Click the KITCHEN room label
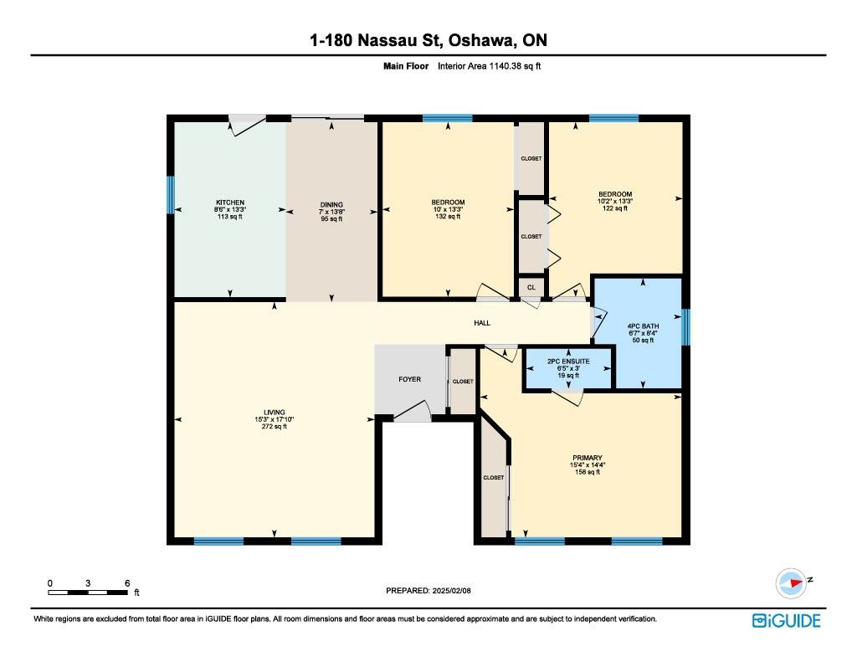point(230,203)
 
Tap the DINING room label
point(331,205)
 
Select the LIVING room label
point(275,413)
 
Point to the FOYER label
point(410,379)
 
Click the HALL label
point(482,323)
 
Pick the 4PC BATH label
point(644,326)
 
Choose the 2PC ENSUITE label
point(568,362)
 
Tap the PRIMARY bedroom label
point(588,458)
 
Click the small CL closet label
point(531,288)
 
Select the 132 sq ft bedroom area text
point(449,217)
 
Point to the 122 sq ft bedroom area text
point(615,208)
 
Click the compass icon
point(792,583)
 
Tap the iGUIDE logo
point(787,621)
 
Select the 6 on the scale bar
point(127,583)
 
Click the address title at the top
point(428,40)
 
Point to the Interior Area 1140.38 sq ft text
point(489,66)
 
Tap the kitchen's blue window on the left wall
point(171,195)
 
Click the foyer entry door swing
point(413,411)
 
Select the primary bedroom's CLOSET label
point(494,478)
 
